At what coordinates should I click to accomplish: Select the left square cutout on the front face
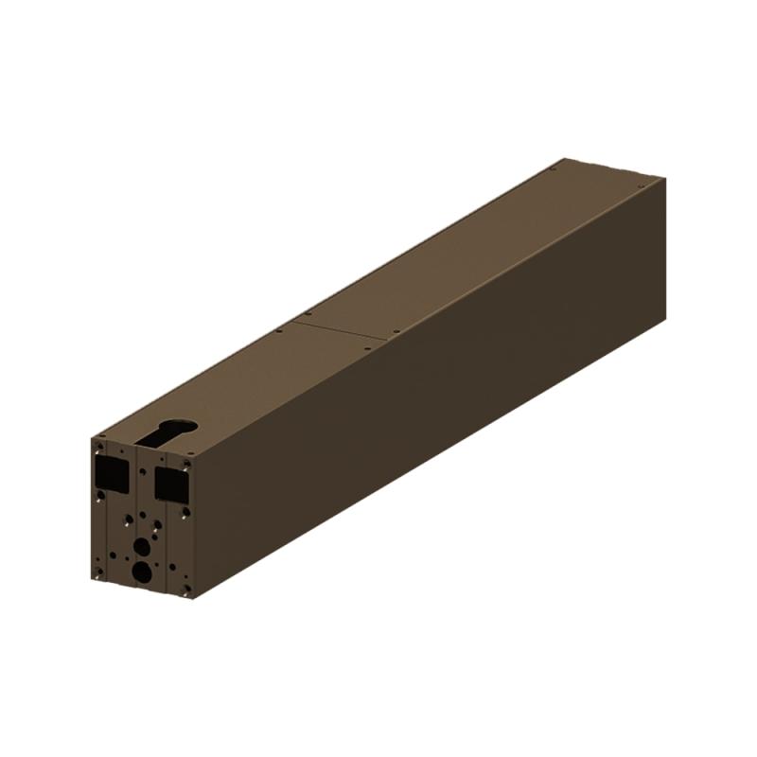click(x=112, y=473)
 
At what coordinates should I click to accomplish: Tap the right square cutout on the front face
click(x=171, y=484)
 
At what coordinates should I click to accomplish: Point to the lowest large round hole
click(x=141, y=571)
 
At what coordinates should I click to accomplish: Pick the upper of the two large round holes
click(x=142, y=546)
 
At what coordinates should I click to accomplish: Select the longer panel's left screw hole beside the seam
click(x=308, y=313)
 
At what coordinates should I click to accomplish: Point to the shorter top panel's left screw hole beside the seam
click(x=278, y=330)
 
